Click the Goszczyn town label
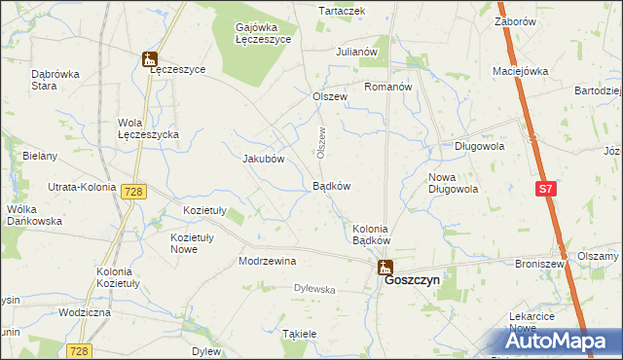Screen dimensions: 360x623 pyautogui.click(x=413, y=279)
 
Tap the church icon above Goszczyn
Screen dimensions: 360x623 pyautogui.click(x=385, y=266)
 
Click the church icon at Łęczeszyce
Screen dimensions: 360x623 pyautogui.click(x=149, y=60)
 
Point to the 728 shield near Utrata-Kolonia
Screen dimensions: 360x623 pyautogui.click(x=133, y=193)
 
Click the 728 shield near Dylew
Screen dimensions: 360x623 pyautogui.click(x=80, y=350)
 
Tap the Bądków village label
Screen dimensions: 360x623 pyautogui.click(x=331, y=186)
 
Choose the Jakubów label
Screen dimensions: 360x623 pyautogui.click(x=262, y=159)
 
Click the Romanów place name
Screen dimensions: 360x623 pyautogui.click(x=388, y=87)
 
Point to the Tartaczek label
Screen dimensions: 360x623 pyautogui.click(x=342, y=11)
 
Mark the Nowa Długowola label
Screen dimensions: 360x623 pyautogui.click(x=453, y=183)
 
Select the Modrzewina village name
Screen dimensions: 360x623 pyautogui.click(x=267, y=261)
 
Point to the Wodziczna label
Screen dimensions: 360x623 pyautogui.click(x=85, y=312)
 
